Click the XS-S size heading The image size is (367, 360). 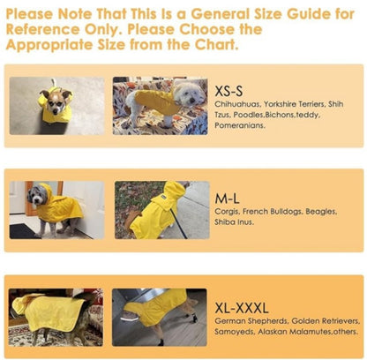[x=228, y=91]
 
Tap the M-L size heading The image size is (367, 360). [x=227, y=199]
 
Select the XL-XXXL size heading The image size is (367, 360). [x=242, y=308]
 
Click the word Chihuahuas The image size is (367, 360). [x=237, y=104]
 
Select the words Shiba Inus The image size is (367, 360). [x=234, y=222]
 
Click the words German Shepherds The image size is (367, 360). [x=251, y=321]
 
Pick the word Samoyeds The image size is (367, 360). [x=235, y=332]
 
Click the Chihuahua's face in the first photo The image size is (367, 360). [x=56, y=102]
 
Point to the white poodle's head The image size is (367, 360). [x=189, y=94]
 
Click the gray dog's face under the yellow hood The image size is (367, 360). [x=37, y=196]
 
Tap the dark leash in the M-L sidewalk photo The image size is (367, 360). [x=179, y=224]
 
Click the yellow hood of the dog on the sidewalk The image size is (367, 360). [x=174, y=191]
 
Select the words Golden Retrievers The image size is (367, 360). [x=326, y=321]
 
